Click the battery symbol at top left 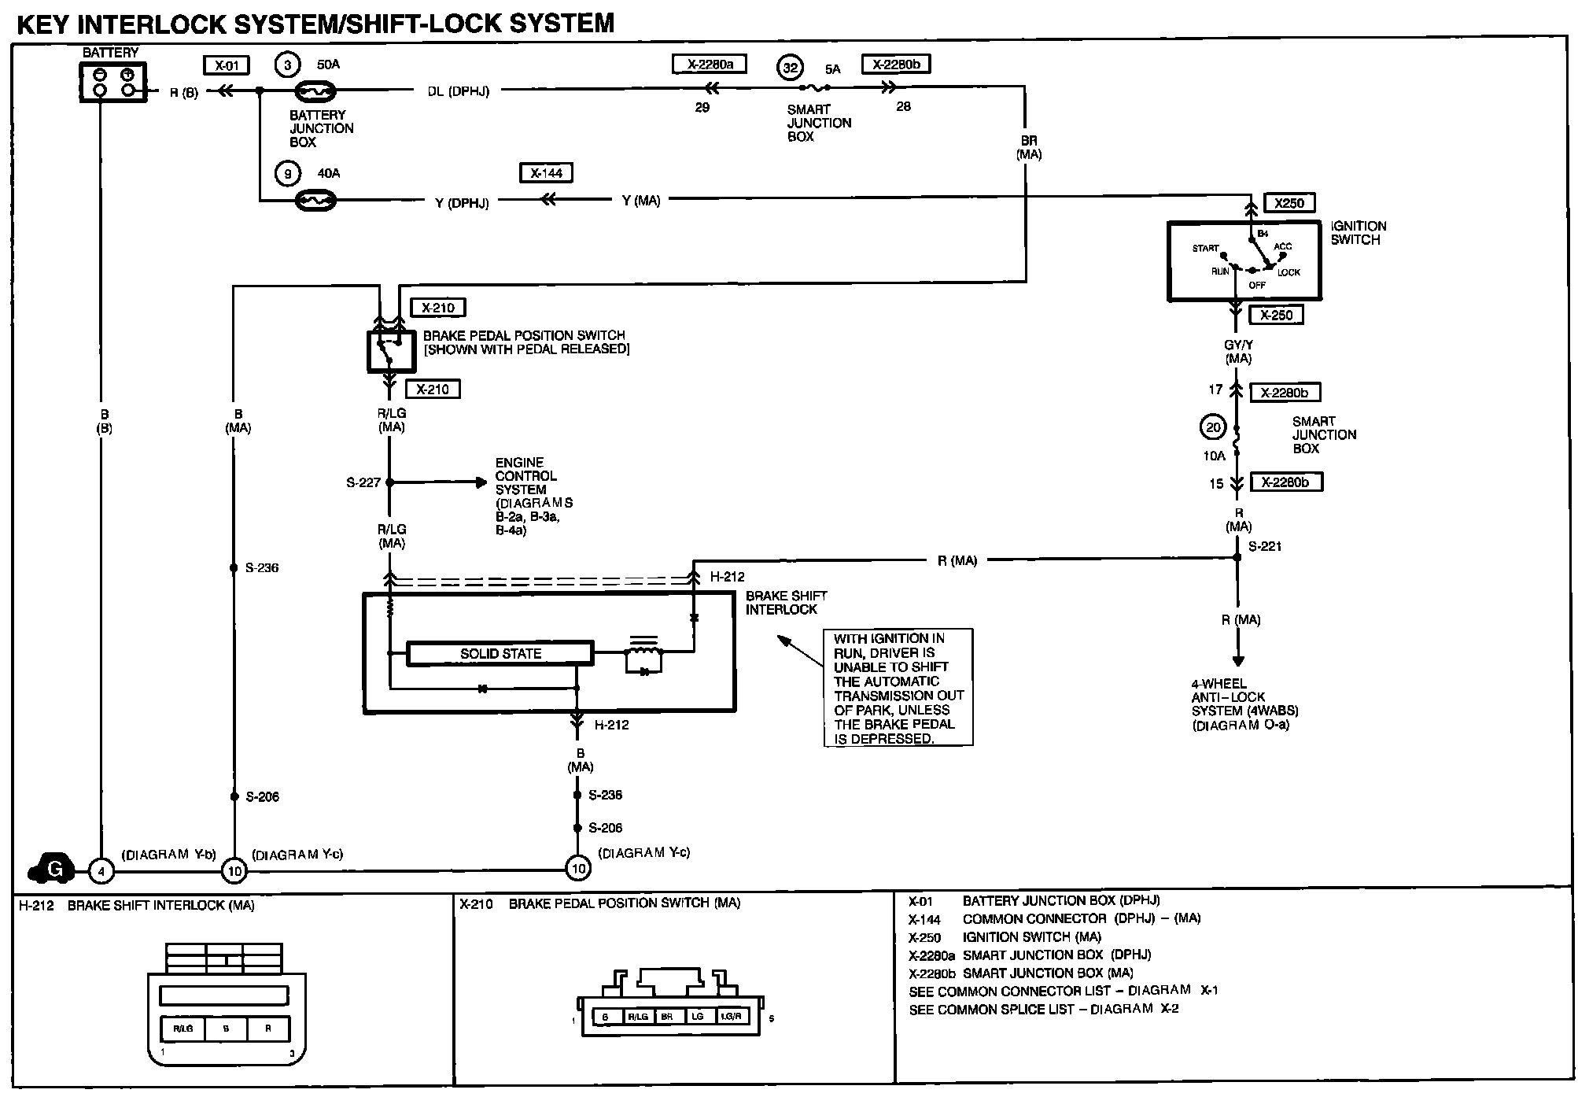[x=113, y=83]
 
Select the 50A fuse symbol [x=315, y=92]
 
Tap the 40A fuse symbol [x=315, y=201]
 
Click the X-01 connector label [x=227, y=65]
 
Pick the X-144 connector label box [x=546, y=172]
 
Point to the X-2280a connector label [x=709, y=64]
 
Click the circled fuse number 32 [x=790, y=68]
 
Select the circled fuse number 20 [x=1213, y=427]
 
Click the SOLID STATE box [x=500, y=653]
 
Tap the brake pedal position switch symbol [x=391, y=351]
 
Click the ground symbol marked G [x=52, y=869]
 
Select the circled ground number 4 [x=101, y=870]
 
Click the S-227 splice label [x=363, y=482]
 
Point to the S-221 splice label [x=1265, y=546]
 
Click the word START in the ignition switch [x=1205, y=249]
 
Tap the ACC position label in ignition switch [x=1282, y=246]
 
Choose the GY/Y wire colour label [x=1238, y=345]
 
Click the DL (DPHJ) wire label [x=458, y=91]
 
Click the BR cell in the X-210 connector [x=667, y=1017]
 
